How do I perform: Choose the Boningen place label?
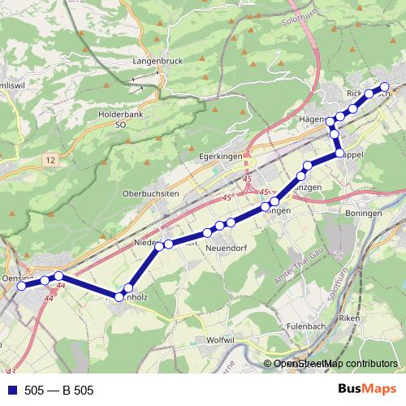(363, 213)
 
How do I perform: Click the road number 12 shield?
(51, 162)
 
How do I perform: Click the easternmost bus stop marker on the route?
(384, 86)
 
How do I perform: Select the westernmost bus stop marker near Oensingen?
(21, 285)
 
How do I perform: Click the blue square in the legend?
(11, 391)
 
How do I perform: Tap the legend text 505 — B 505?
(59, 391)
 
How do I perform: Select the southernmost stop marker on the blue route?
(119, 297)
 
